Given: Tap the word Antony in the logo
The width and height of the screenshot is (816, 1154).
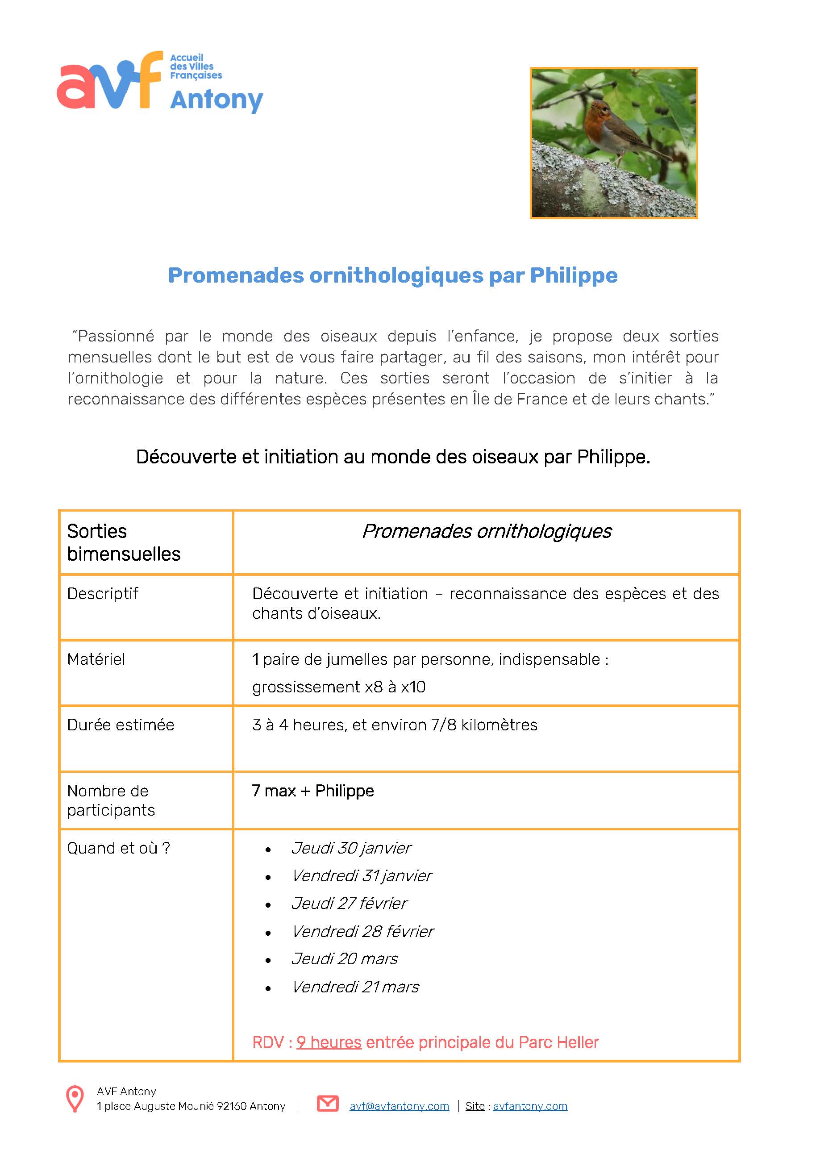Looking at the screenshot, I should pyautogui.click(x=216, y=100).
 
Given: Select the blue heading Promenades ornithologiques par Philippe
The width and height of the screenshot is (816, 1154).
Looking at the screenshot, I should pyautogui.click(x=392, y=275).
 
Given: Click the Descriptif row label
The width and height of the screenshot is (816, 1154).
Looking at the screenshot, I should pyautogui.click(x=103, y=594).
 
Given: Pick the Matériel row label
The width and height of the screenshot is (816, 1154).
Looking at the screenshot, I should pyautogui.click(x=96, y=659).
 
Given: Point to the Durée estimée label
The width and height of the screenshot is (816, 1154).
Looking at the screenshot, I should pyautogui.click(x=121, y=725).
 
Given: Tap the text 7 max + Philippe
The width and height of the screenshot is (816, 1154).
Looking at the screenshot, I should pyautogui.click(x=312, y=791).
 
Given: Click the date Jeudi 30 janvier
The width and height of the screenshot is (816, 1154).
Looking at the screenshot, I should pyautogui.click(x=351, y=848).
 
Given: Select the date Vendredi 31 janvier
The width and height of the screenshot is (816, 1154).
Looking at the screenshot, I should pyautogui.click(x=361, y=876).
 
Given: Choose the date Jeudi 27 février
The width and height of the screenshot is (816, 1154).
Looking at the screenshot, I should pyautogui.click(x=349, y=904).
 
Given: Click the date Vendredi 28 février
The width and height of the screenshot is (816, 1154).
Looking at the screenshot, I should pyautogui.click(x=362, y=932).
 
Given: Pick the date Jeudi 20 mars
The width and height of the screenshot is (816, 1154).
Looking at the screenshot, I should pyautogui.click(x=344, y=959).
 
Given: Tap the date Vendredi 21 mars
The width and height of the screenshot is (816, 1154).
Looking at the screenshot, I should pyautogui.click(x=355, y=987).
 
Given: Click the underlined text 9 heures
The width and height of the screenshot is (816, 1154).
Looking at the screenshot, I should pyautogui.click(x=329, y=1042).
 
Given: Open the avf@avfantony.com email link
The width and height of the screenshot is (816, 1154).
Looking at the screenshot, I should pyautogui.click(x=399, y=1106).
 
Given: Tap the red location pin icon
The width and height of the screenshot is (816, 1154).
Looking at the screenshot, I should pyautogui.click(x=75, y=1099).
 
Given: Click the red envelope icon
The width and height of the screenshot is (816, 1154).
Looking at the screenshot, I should pyautogui.click(x=328, y=1104).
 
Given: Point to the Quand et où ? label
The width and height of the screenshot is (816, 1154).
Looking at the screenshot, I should pyautogui.click(x=119, y=848).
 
